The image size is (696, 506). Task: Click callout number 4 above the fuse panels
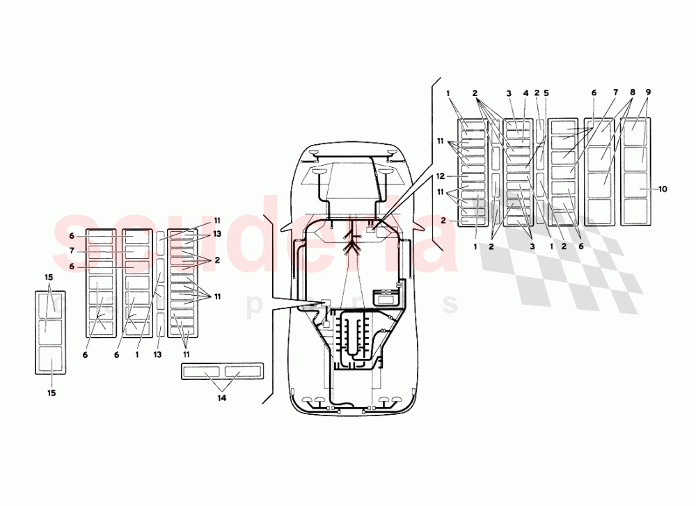(525, 93)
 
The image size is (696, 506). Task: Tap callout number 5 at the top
(546, 93)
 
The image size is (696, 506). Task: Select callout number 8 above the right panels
(632, 93)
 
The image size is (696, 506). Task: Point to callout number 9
(648, 93)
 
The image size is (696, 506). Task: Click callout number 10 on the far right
(663, 189)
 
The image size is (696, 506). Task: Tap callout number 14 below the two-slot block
(222, 398)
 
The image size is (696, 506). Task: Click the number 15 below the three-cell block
(51, 393)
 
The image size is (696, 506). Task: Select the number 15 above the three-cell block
(49, 277)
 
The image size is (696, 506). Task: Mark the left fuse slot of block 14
(203, 371)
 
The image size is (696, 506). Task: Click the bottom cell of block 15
(50, 360)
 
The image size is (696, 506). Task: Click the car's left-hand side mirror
(286, 226)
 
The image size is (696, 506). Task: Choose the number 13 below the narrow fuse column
(158, 354)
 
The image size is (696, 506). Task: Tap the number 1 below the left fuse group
(138, 354)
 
